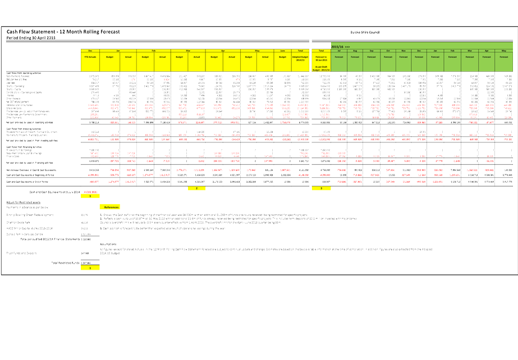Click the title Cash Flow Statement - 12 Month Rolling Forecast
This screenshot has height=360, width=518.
(x=63, y=32)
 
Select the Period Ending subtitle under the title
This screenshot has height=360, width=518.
(x=31, y=38)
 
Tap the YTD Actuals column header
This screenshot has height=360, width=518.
(x=90, y=57)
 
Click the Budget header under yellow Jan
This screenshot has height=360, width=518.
(x=110, y=57)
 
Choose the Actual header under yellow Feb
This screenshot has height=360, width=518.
(x=162, y=57)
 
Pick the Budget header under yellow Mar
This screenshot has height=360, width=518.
(x=180, y=57)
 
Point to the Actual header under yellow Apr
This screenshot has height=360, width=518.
(x=231, y=57)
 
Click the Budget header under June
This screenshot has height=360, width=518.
(x=283, y=57)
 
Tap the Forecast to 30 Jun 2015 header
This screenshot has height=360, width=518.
(x=321, y=58)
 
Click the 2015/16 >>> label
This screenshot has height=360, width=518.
(x=341, y=47)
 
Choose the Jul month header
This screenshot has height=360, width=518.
(x=339, y=51)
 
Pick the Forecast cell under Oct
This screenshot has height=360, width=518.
(x=388, y=57)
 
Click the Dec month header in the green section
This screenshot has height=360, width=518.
(x=419, y=51)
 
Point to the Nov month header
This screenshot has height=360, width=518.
(x=404, y=51)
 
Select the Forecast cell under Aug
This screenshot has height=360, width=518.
(x=355, y=57)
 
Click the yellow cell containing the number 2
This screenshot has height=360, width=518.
(x=196, y=188)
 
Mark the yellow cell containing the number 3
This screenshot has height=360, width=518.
(x=321, y=188)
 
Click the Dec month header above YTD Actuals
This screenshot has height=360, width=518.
(x=90, y=51)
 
